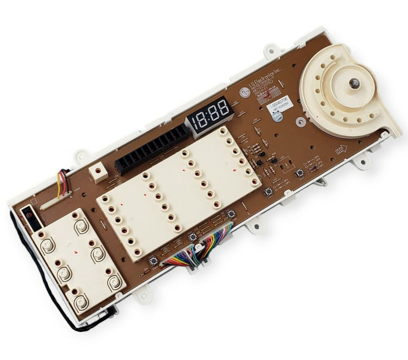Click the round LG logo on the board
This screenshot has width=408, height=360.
click(245, 93)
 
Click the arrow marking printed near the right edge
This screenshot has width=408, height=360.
click(340, 151)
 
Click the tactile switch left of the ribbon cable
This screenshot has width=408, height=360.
click(153, 260)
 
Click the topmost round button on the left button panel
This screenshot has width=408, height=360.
click(81, 226)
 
